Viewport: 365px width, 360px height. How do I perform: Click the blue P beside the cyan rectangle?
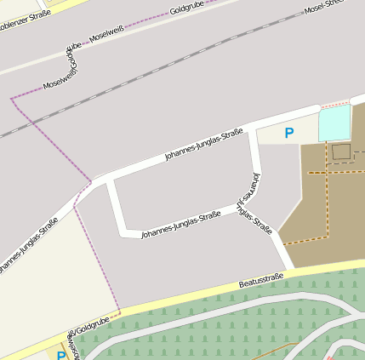pos(289,133)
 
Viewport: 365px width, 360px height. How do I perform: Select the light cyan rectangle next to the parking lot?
pos(334,123)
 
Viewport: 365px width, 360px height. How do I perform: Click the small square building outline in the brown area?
pos(341,152)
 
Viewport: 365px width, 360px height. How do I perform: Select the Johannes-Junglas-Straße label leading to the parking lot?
pos(204,144)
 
